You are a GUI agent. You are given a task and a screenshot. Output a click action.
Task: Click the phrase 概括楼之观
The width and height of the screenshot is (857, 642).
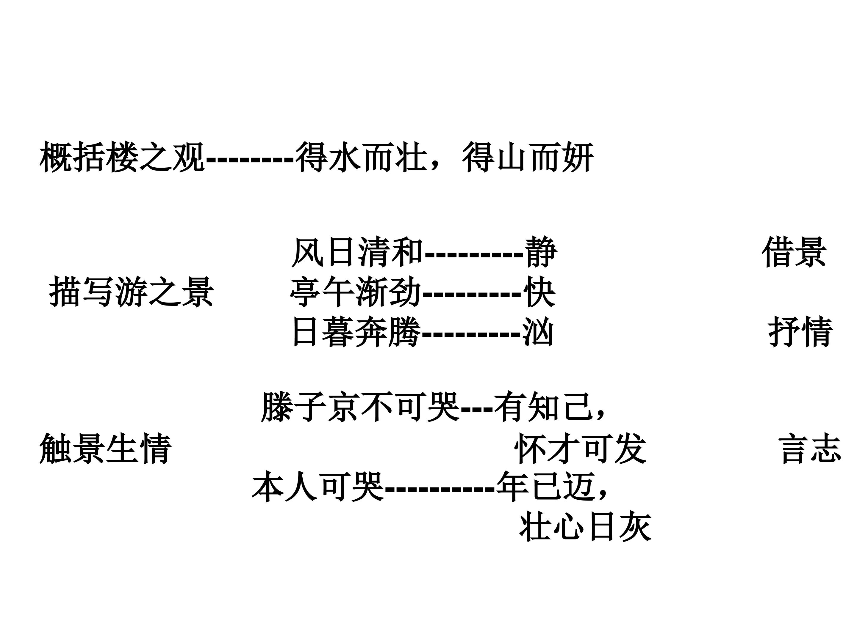pos(122,157)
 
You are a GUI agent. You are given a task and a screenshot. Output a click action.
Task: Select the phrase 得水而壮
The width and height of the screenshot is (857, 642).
pos(362,157)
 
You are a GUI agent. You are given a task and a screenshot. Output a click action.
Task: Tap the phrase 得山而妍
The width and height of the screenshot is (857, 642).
pos(528,157)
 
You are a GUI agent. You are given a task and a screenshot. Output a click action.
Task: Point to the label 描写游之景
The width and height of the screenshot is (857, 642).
pos(131,292)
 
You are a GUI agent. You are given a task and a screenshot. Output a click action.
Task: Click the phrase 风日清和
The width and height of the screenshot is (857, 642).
pos(357,252)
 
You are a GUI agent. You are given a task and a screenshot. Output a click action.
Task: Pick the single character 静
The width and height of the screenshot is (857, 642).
pos(541,252)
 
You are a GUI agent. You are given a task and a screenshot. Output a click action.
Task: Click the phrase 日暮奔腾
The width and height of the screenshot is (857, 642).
pos(356,332)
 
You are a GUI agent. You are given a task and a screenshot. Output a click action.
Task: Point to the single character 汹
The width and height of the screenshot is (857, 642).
pos(538,332)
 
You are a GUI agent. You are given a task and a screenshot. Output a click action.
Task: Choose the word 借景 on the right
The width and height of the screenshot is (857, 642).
pos(794,252)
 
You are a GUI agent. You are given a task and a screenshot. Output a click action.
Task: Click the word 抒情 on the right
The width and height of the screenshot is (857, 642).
pos(800,332)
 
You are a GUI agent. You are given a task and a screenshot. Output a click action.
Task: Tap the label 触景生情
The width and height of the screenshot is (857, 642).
pos(105,449)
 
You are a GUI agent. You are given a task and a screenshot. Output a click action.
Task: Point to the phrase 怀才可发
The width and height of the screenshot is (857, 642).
pos(580,449)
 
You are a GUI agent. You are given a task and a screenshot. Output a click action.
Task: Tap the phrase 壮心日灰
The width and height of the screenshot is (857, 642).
pos(585,527)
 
